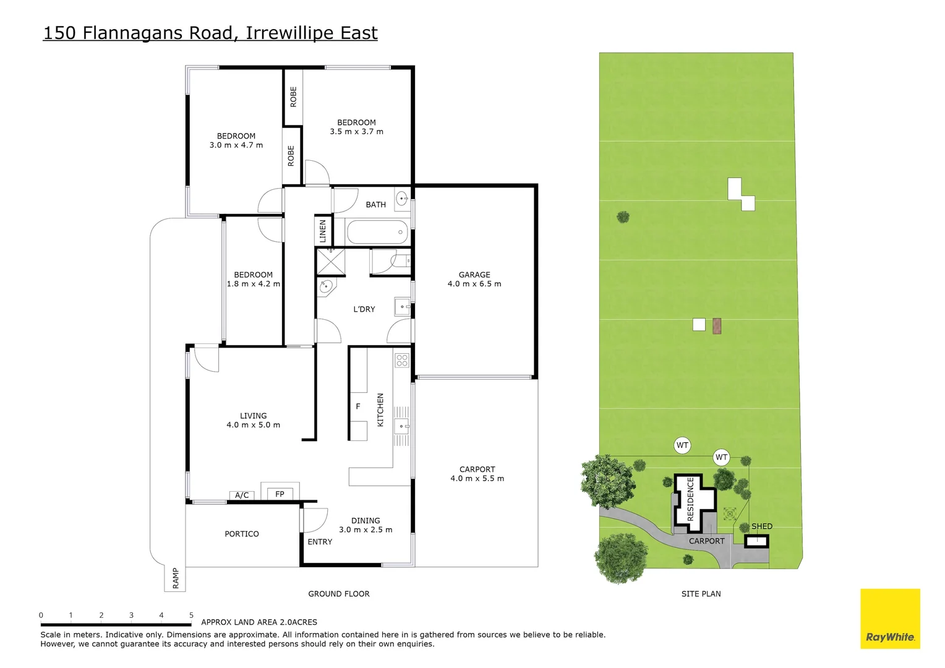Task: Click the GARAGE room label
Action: pyautogui.click(x=474, y=275)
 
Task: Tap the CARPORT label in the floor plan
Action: pyautogui.click(x=477, y=469)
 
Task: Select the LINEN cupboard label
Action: pyautogui.click(x=322, y=231)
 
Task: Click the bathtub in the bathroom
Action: pyautogui.click(x=377, y=233)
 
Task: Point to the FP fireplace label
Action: pyautogui.click(x=280, y=494)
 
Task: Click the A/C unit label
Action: pyautogui.click(x=242, y=495)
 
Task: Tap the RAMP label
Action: pyautogui.click(x=176, y=578)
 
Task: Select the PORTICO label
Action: pyautogui.click(x=241, y=534)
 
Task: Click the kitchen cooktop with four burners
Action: pyautogui.click(x=402, y=360)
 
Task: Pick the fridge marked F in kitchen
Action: pyautogui.click(x=357, y=406)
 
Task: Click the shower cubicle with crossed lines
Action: pyautogui.click(x=330, y=261)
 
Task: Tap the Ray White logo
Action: pyautogui.click(x=890, y=619)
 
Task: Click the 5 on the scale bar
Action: pyautogui.click(x=191, y=615)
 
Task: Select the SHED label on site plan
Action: pyautogui.click(x=761, y=526)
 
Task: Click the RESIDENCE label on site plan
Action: pyautogui.click(x=691, y=499)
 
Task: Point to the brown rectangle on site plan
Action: pyautogui.click(x=717, y=325)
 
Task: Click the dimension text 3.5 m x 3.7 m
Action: pyautogui.click(x=356, y=132)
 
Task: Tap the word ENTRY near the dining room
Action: pyautogui.click(x=320, y=542)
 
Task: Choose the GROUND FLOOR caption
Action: pyautogui.click(x=338, y=594)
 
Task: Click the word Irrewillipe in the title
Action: pyautogui.click(x=290, y=33)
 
